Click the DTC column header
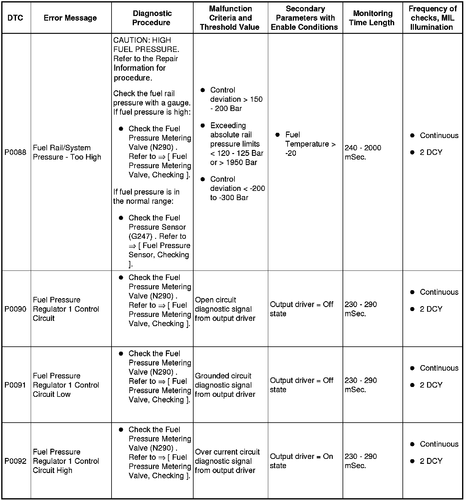pyautogui.click(x=15, y=18)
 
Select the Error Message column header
pyautogui.click(x=70, y=18)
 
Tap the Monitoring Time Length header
pyautogui.click(x=372, y=18)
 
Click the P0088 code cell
pyautogui.click(x=15, y=152)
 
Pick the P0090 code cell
pyautogui.click(x=15, y=309)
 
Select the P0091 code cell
pyautogui.click(x=15, y=385)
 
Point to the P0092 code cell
pyautogui.click(x=15, y=461)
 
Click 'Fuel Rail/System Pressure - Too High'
pyautogui.click(x=67, y=152)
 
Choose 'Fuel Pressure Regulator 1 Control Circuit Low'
pyautogui.click(x=66, y=385)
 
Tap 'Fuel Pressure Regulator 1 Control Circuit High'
pyautogui.click(x=66, y=461)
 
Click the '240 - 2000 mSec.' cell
pyautogui.click(x=363, y=152)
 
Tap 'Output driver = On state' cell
pyautogui.click(x=301, y=461)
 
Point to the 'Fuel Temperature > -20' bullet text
pyautogui.click(x=310, y=144)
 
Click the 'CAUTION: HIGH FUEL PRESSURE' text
pyautogui.click(x=146, y=45)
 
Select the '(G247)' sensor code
pyautogui.click(x=140, y=236)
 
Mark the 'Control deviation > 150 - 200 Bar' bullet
pyautogui.click(x=236, y=99)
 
